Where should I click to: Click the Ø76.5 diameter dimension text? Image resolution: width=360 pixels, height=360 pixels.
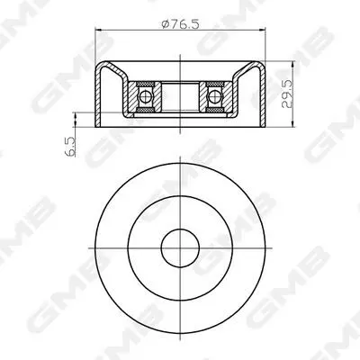click(180, 23)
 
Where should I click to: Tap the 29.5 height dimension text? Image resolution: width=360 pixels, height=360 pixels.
click(287, 94)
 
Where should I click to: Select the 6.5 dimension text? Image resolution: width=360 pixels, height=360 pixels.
click(70, 147)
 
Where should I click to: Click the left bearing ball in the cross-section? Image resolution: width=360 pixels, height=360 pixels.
click(146, 96)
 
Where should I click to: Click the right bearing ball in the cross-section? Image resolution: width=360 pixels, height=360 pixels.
click(214, 96)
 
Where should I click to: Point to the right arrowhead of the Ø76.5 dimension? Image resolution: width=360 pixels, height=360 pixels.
click(262, 30)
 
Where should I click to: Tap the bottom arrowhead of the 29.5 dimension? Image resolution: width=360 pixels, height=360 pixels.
click(292, 123)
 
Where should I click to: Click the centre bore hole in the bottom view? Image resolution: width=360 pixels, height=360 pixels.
click(180, 248)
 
